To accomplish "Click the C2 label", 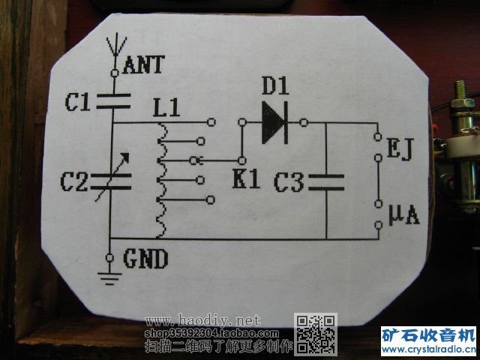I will (76, 181).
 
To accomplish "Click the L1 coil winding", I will (160, 180).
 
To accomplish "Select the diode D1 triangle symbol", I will (274, 121).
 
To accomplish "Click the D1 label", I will (275, 87).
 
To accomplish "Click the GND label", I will (145, 259).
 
